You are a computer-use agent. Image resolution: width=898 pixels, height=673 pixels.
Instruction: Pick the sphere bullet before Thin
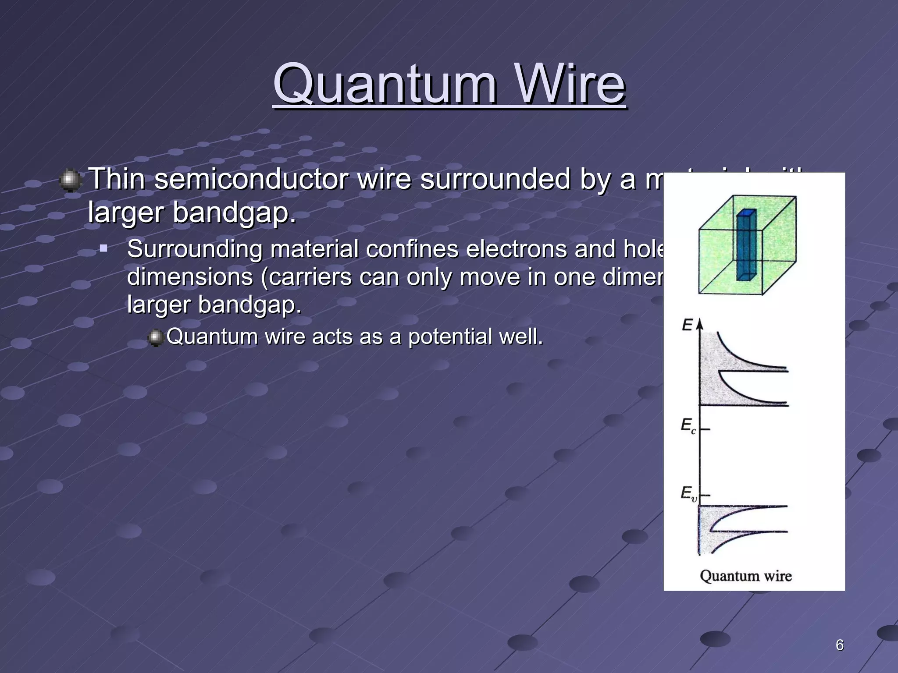(x=70, y=180)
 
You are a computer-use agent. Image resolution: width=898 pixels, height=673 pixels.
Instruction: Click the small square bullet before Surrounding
(x=103, y=249)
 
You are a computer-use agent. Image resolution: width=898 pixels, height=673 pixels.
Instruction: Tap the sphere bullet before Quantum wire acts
(x=155, y=338)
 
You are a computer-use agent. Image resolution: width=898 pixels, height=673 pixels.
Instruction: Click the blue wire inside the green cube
(x=746, y=245)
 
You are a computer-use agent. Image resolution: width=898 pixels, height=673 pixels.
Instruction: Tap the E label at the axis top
(x=687, y=325)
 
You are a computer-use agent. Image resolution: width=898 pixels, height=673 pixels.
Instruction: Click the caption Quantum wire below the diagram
(x=745, y=576)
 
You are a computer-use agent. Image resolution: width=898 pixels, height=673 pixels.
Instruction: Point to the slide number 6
(x=839, y=645)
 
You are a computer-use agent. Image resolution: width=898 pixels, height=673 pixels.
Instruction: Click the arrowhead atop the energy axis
(x=699, y=323)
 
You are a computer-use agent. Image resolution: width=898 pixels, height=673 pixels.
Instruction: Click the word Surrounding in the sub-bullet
(x=194, y=249)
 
